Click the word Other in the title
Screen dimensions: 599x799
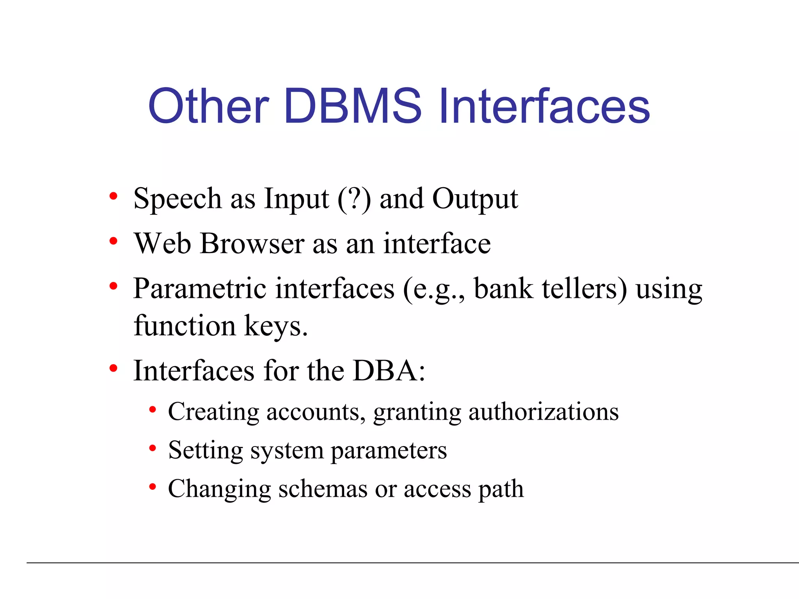click(x=208, y=106)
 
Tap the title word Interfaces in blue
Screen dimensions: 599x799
click(x=544, y=106)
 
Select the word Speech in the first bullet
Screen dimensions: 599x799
click(x=178, y=199)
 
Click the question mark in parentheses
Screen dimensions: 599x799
click(x=354, y=199)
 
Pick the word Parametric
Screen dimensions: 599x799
click(x=200, y=289)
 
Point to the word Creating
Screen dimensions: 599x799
click(x=213, y=412)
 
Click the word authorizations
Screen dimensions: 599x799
click(x=543, y=412)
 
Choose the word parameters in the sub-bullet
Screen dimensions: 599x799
click(x=389, y=451)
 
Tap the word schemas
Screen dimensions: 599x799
click(x=323, y=489)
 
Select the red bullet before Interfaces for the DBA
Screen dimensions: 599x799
click(x=114, y=368)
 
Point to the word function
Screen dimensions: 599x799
click(x=184, y=325)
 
